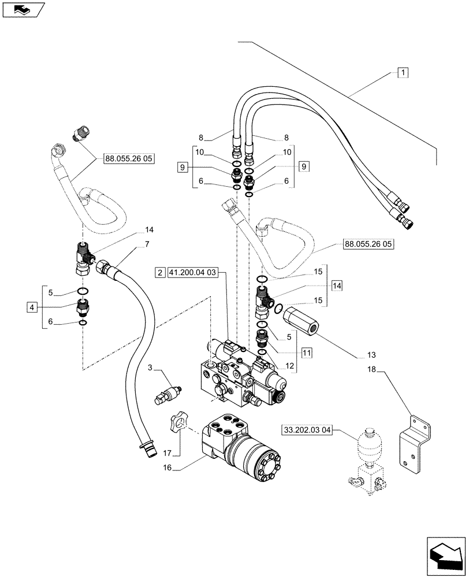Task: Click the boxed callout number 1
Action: click(403, 73)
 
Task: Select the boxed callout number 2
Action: click(159, 272)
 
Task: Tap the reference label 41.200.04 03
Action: click(192, 272)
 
